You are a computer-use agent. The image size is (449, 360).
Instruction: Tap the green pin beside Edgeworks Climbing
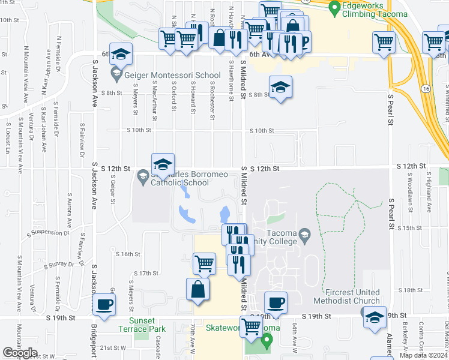tap(335, 7)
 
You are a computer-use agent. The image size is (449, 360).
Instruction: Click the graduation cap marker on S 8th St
tap(280, 88)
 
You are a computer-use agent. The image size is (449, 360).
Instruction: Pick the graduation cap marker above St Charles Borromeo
tap(162, 164)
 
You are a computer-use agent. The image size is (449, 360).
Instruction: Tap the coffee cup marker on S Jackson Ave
tap(104, 304)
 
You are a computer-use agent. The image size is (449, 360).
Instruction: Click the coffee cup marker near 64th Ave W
tap(276, 303)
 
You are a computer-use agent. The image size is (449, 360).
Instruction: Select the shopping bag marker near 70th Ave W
tap(197, 290)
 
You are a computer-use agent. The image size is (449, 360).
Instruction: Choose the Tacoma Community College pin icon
tap(305, 233)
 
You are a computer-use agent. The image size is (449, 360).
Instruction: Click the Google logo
tap(20, 352)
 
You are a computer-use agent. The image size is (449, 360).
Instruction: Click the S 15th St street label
tap(411, 228)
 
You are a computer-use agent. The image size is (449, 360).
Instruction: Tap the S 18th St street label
tap(412, 290)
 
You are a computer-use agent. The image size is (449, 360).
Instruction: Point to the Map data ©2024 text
tap(423, 355)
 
